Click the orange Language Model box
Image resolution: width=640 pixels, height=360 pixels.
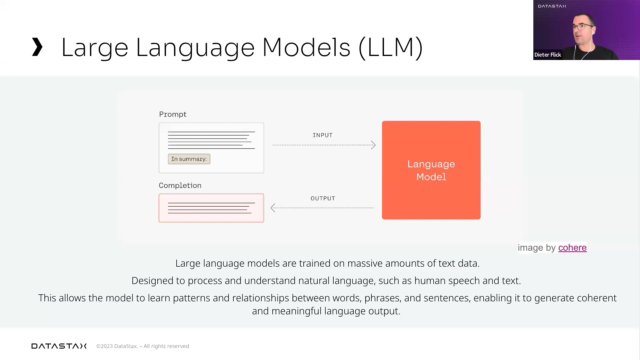431,170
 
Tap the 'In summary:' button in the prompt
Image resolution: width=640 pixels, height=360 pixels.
189,159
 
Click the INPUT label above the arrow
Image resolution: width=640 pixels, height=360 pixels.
323,135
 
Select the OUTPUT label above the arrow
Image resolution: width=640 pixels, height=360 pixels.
323,198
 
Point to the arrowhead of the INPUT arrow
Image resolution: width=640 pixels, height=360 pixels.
374,145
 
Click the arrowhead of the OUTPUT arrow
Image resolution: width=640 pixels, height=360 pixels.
273,208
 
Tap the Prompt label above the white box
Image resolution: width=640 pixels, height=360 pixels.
173,114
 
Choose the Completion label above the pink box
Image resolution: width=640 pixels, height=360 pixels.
180,185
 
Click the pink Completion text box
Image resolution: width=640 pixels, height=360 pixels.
211,208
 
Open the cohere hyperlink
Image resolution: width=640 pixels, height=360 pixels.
572,248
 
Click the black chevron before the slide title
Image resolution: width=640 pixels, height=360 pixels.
37,47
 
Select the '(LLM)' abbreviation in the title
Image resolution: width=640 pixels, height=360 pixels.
391,48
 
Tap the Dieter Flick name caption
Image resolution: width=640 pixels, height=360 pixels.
548,55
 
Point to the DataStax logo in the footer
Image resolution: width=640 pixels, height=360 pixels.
59,346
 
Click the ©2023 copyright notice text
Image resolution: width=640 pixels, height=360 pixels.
143,346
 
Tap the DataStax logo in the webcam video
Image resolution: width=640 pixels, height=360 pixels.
552,6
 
